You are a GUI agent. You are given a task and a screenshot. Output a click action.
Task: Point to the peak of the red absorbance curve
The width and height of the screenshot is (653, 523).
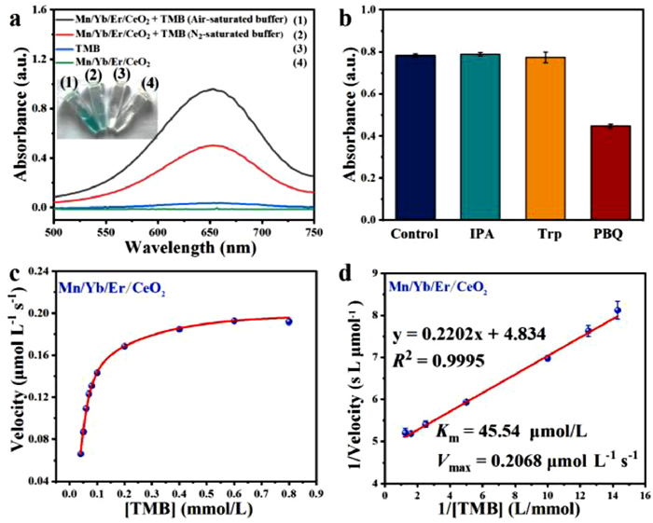pos(215,145)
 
